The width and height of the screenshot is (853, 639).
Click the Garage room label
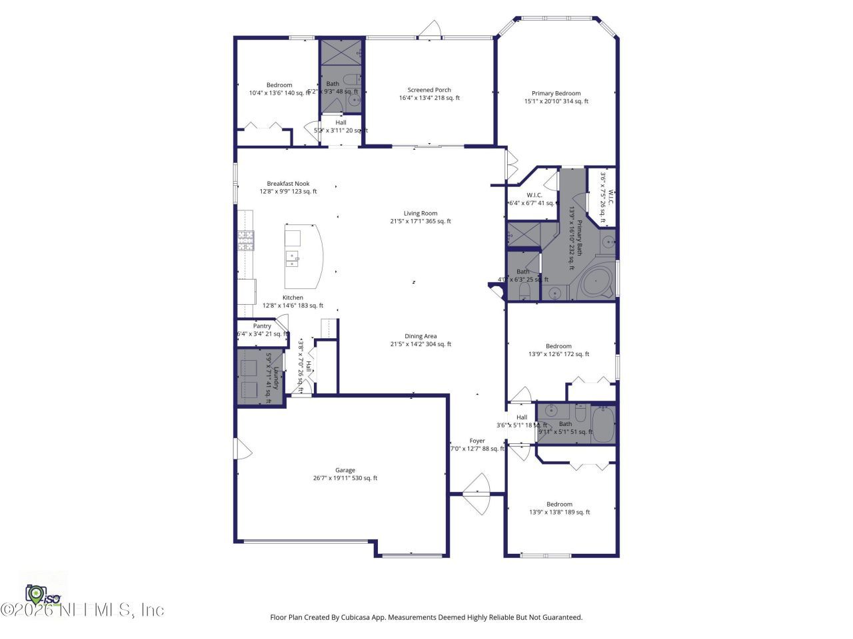(345, 470)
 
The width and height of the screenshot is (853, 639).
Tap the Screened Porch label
(429, 90)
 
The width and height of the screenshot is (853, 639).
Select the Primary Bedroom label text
(556, 93)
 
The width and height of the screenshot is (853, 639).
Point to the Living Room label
(421, 214)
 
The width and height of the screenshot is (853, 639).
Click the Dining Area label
(421, 336)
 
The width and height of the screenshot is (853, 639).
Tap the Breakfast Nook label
(288, 184)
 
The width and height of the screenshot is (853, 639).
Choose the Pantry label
(262, 326)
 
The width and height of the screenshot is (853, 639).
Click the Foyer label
(477, 441)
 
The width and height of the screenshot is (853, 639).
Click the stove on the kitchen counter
(245, 240)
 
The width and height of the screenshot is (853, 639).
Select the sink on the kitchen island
(292, 257)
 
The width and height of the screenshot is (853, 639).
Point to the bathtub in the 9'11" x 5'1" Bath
(602, 424)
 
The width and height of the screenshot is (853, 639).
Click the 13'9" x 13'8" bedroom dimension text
(559, 512)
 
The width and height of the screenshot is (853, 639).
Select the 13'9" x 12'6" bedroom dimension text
(558, 354)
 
